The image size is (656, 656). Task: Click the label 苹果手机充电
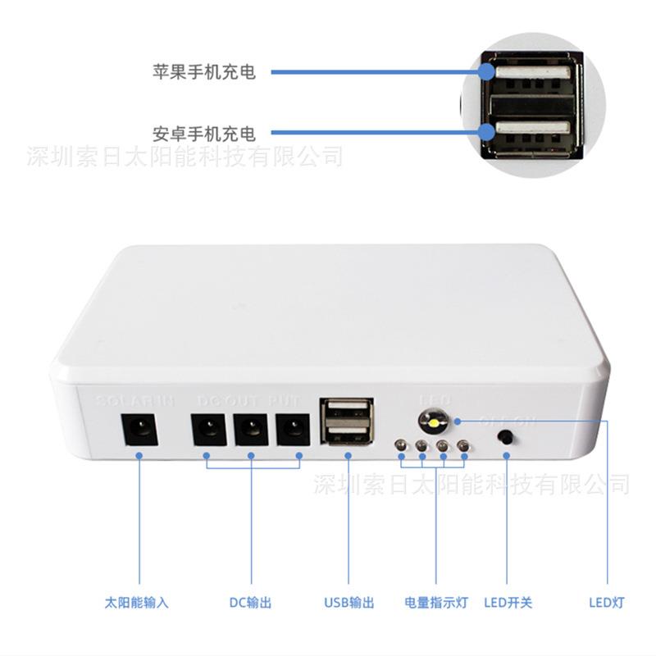204,72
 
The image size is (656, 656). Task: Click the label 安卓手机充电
204,133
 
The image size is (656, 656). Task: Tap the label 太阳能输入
137,603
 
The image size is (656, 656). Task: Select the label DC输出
250,603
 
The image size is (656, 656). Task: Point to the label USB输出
348,603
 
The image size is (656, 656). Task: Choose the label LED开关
508,603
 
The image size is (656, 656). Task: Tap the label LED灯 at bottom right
607,603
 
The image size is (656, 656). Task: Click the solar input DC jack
139,429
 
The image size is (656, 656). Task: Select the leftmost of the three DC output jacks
207,429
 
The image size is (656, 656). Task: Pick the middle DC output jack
251,429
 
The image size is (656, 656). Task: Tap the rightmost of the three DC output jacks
294,429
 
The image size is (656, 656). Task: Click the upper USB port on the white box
348,412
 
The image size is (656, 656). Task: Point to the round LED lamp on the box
431,422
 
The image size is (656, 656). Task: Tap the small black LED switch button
507,437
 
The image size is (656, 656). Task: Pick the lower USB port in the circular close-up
531,131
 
